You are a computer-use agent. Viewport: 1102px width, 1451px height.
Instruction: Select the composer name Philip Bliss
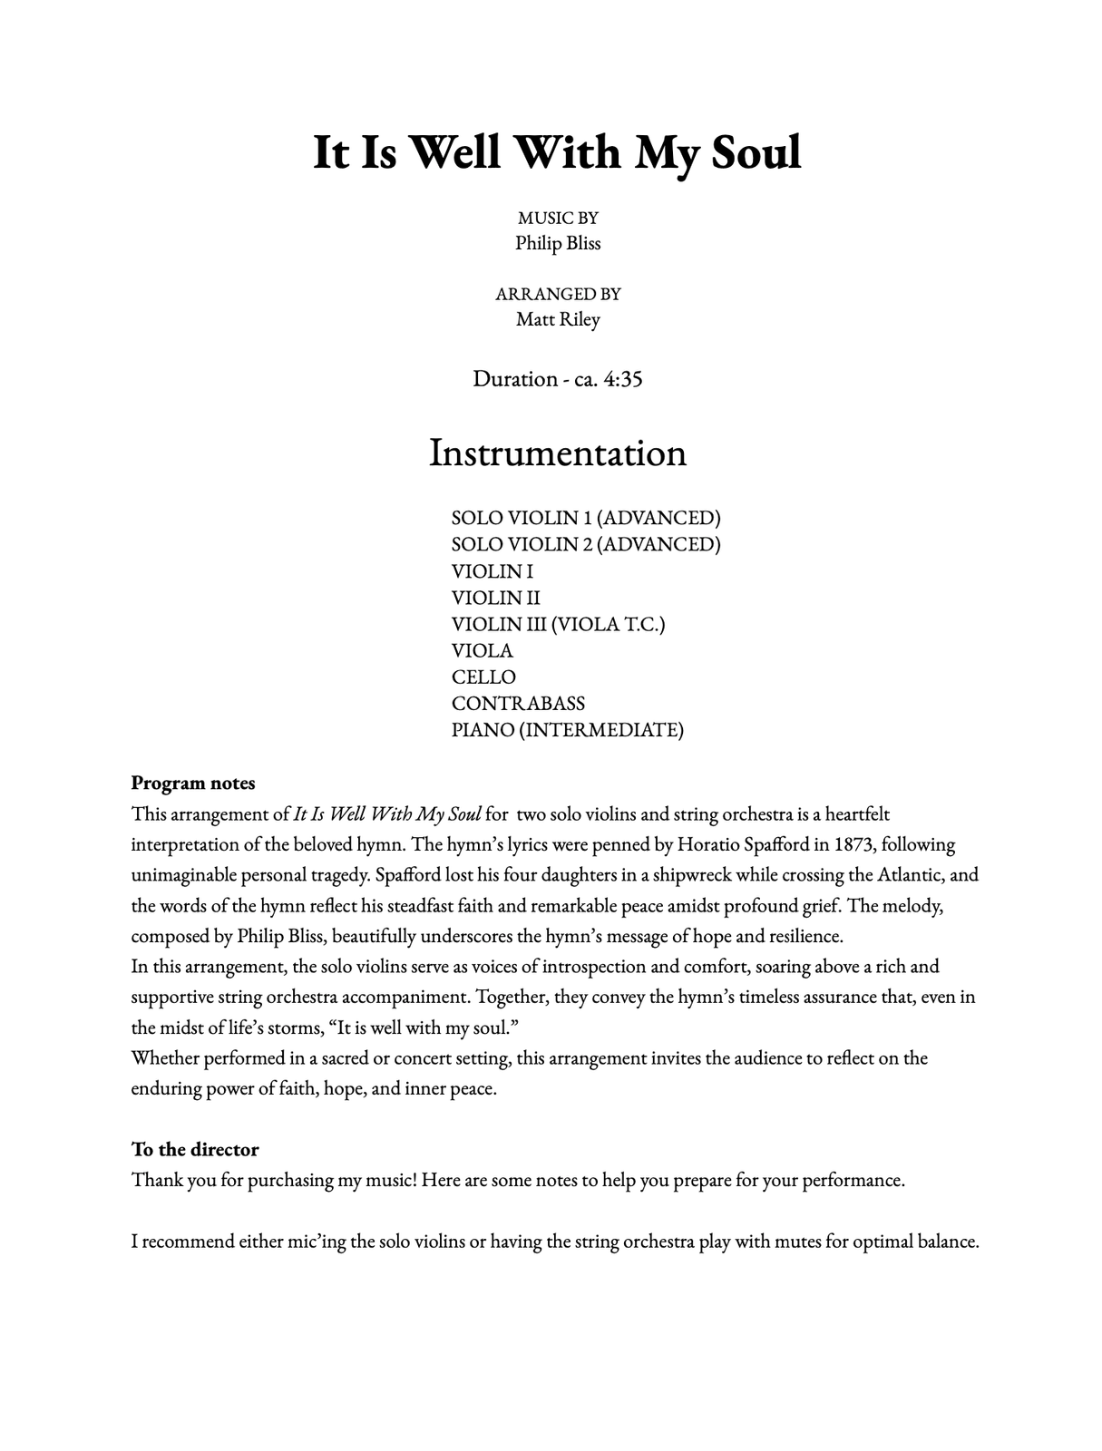[x=558, y=243]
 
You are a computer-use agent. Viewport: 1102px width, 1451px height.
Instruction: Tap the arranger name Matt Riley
[x=558, y=319]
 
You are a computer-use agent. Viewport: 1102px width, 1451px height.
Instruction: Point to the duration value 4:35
[x=622, y=379]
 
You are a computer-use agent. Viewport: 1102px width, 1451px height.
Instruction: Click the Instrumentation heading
[x=557, y=453]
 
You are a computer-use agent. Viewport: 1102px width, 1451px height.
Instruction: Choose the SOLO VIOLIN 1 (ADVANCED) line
[x=586, y=518]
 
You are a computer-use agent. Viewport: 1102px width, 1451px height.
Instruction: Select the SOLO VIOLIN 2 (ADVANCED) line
[x=586, y=544]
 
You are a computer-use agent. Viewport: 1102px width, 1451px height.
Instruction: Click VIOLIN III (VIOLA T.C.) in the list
[x=558, y=624]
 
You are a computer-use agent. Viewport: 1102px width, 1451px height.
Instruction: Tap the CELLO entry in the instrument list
[x=483, y=677]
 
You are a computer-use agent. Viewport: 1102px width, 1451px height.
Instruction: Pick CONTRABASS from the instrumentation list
[x=518, y=703]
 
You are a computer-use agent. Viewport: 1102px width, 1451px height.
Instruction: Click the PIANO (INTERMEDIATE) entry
[x=567, y=729]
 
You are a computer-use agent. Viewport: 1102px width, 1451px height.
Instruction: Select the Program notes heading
[x=193, y=783]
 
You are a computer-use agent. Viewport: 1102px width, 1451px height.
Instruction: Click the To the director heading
[x=195, y=1149]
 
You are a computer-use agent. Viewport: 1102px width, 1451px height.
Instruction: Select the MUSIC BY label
[x=558, y=218]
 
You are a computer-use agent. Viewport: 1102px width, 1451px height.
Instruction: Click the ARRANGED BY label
[x=558, y=294]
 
